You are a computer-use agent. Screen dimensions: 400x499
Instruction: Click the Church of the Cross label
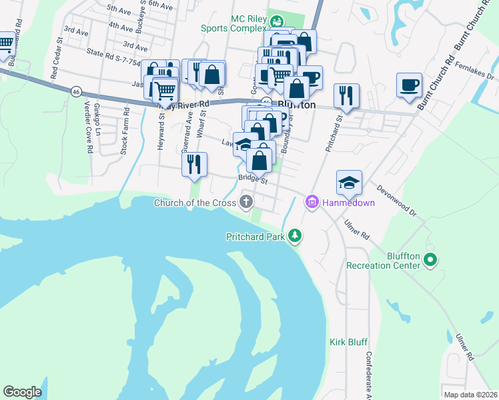(x=196, y=203)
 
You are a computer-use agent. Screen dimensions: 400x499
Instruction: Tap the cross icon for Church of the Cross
(x=247, y=202)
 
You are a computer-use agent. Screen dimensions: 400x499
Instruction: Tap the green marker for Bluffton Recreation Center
(x=431, y=259)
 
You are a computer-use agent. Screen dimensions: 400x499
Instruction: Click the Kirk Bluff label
(x=348, y=342)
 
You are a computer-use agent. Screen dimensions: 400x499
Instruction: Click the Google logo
(x=22, y=392)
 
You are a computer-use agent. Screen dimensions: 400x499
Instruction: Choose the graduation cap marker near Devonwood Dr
(x=349, y=182)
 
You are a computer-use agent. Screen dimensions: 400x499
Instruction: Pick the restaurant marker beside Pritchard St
(x=346, y=96)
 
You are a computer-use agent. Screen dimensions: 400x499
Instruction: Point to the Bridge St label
(x=253, y=179)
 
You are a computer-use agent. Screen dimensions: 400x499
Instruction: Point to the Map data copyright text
(x=470, y=395)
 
